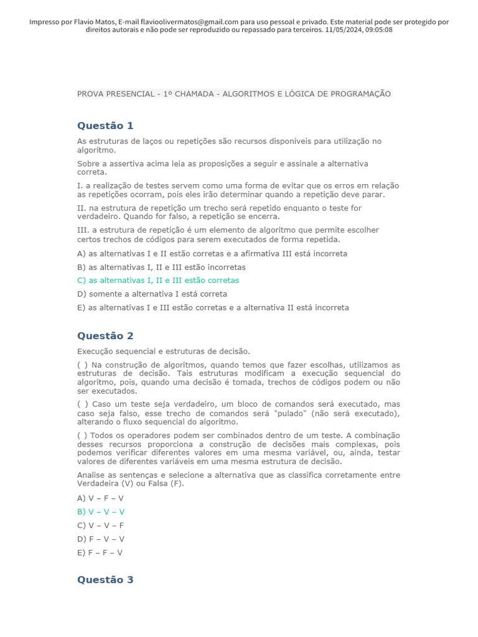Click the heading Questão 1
[105, 126]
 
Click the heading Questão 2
[105, 336]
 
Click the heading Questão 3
[105, 580]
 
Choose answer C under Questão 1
[158, 281]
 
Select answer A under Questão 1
[212, 254]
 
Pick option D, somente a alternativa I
[152, 294]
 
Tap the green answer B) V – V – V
[101, 512]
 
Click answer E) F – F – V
[100, 552]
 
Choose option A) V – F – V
[100, 498]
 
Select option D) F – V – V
[101, 539]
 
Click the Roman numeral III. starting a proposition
[83, 230]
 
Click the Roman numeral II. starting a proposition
[82, 208]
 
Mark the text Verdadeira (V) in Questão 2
[101, 484]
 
